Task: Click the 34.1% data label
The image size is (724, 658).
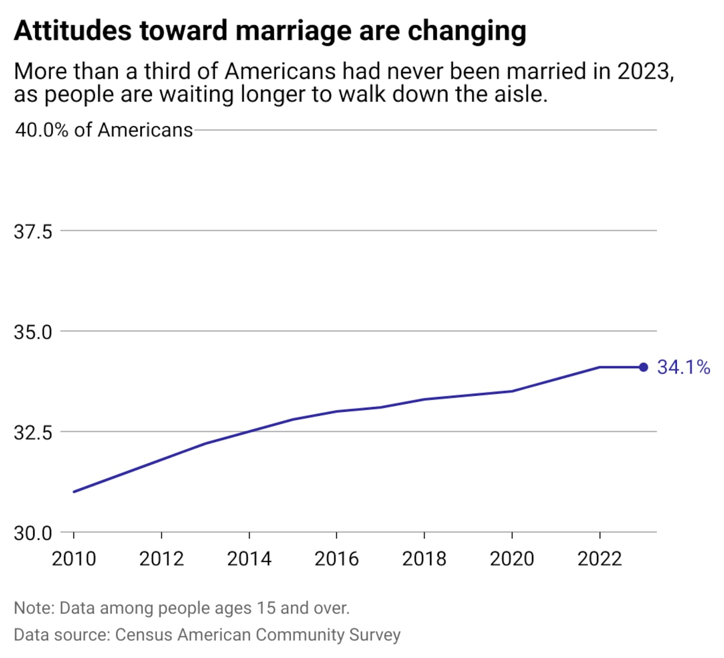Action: pos(683,367)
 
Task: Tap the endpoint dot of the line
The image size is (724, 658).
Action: pos(644,367)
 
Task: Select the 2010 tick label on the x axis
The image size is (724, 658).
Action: pos(74,558)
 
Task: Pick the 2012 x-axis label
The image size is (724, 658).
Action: pos(161,558)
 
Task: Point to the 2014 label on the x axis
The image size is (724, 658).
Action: pos(249,558)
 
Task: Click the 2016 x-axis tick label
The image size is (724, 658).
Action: pos(336,558)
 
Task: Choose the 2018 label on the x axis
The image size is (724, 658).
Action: pos(424,558)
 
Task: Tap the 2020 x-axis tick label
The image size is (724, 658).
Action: pos(512,558)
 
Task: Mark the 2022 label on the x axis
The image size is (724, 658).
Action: pos(599,558)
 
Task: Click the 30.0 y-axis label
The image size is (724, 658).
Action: pos(33,533)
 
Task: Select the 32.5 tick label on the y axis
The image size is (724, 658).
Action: pos(33,432)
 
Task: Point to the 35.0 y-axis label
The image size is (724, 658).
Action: pos(33,332)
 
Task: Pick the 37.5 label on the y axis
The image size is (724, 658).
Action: pos(33,232)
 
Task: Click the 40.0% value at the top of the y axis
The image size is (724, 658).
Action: pos(42,130)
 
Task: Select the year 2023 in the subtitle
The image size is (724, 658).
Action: pos(644,71)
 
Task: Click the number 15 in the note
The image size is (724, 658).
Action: pos(266,608)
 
